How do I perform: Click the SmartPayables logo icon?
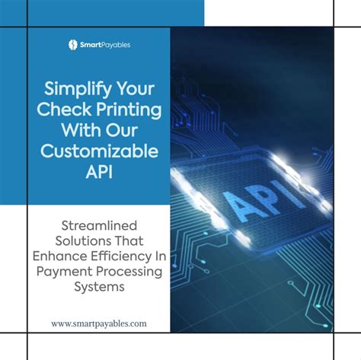pyautogui.click(x=73, y=45)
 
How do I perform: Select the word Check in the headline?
pyautogui.click(x=61, y=110)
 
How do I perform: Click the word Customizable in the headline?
pyautogui.click(x=100, y=151)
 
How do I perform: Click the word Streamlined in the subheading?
pyautogui.click(x=100, y=226)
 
